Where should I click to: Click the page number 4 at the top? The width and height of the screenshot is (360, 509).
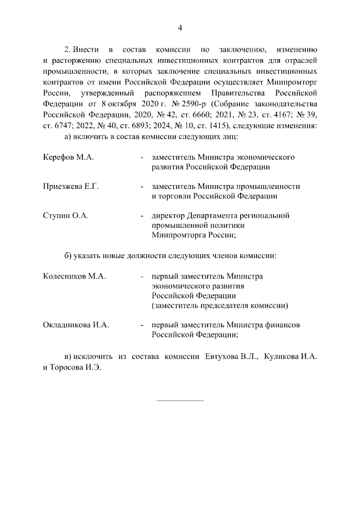pyautogui.click(x=180, y=28)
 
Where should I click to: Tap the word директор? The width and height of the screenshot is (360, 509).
pyautogui.click(x=168, y=215)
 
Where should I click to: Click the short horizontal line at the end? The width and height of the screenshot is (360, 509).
pyautogui.click(x=179, y=400)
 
